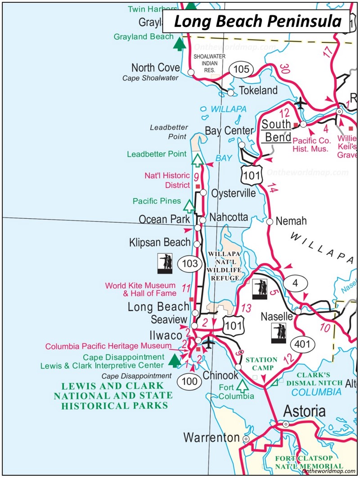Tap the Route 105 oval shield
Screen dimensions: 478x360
tap(241, 69)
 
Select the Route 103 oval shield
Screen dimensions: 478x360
tap(190, 263)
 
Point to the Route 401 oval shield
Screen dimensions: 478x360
tap(300, 344)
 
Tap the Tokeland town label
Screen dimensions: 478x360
tap(258, 90)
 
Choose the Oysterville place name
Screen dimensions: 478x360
tap(233, 193)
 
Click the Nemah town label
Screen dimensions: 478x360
tap(291, 221)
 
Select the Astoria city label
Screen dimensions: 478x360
tap(304, 411)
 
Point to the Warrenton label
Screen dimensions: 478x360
tap(211, 437)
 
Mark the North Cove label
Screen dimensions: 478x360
tap(155, 68)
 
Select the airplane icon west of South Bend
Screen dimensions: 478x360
tap(300, 104)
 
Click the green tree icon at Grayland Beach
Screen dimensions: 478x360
tap(180, 44)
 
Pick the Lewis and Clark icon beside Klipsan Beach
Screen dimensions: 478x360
tap(165, 263)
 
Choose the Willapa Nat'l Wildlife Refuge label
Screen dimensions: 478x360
tap(224, 266)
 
